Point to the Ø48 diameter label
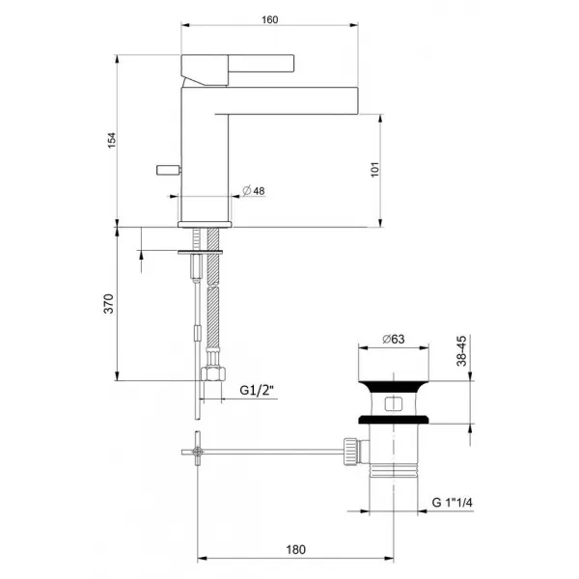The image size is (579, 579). [x=254, y=190]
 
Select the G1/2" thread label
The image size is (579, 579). [x=258, y=390]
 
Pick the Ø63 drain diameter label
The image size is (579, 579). [x=392, y=338]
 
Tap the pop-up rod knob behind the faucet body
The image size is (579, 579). [x=167, y=169]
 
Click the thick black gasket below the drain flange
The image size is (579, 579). [x=393, y=419]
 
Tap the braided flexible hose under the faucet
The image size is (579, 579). [x=212, y=309]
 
